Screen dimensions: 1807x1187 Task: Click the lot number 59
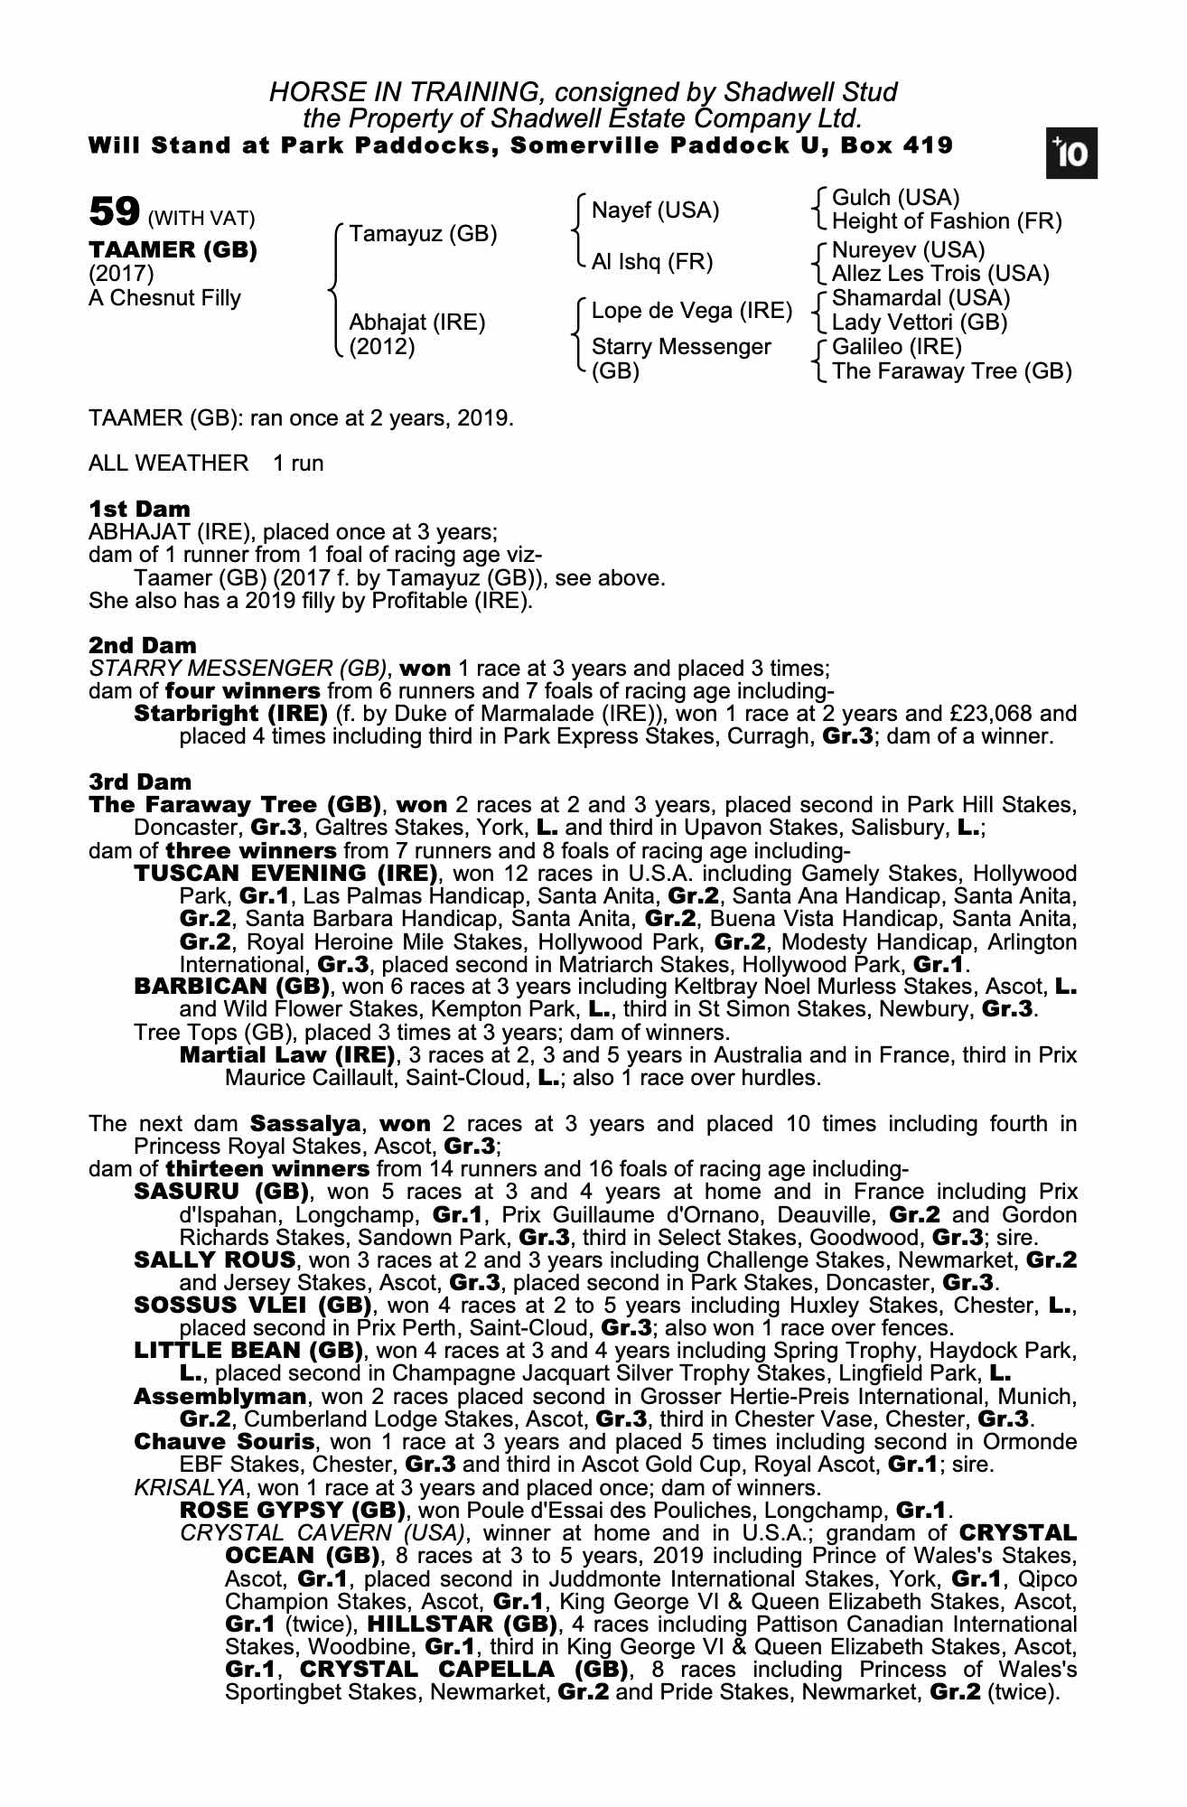tap(113, 212)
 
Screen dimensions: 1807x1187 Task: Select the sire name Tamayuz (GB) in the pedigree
tap(423, 234)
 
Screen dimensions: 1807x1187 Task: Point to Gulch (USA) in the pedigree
tap(895, 198)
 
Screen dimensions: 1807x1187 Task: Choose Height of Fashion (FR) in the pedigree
tap(947, 221)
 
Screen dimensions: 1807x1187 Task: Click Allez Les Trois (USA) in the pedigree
tap(940, 273)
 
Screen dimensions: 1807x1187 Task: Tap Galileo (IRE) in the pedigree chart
tap(896, 347)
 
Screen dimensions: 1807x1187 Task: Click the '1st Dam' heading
tap(139, 509)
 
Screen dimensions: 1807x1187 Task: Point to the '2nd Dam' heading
tap(142, 645)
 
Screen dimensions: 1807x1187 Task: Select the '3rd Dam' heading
tap(140, 782)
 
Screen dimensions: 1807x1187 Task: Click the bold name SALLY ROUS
tap(215, 1259)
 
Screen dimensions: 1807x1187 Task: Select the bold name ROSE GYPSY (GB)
tap(294, 1510)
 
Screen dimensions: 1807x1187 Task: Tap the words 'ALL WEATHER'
tap(168, 463)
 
